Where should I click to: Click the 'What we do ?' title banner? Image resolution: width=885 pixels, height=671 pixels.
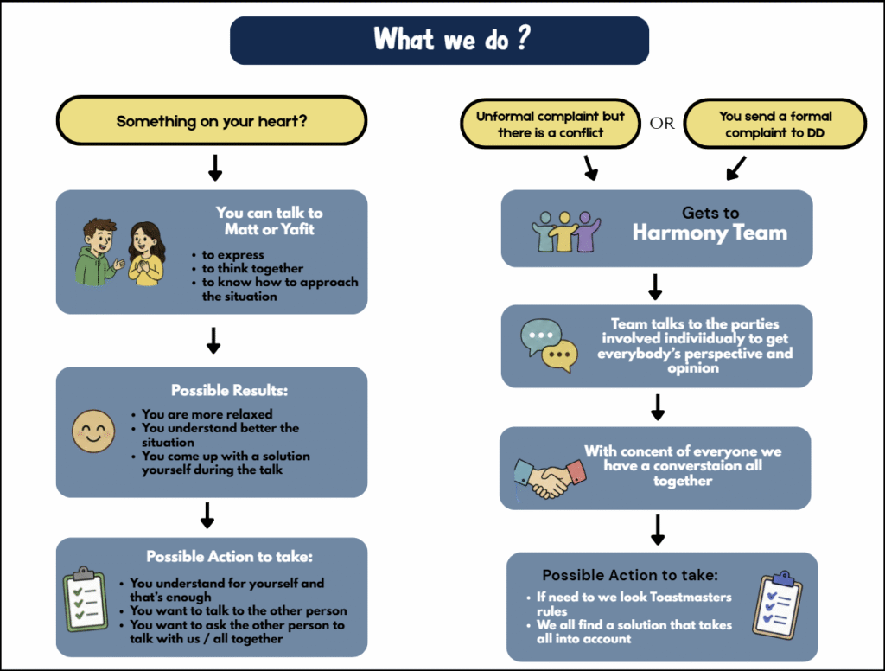tap(439, 40)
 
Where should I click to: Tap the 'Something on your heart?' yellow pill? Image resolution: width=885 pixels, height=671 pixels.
tap(212, 120)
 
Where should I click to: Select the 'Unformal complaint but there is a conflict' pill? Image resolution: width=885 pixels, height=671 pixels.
tap(551, 124)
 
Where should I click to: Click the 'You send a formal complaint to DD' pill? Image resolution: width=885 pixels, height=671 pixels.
tap(775, 124)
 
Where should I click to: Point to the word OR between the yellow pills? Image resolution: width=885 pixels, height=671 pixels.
tap(662, 123)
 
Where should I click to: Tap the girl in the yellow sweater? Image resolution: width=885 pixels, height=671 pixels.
tap(146, 253)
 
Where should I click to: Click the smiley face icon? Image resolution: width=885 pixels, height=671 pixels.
tap(93, 431)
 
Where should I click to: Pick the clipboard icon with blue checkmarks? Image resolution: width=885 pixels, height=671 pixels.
tap(778, 605)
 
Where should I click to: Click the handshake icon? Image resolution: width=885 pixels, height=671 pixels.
tap(550, 478)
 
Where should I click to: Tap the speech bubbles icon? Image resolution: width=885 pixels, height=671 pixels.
tap(549, 345)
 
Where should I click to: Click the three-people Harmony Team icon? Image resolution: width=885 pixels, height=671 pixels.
tap(566, 232)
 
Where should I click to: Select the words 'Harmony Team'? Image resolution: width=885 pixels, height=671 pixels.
tap(710, 233)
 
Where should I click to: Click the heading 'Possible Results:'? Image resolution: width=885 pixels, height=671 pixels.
tap(229, 390)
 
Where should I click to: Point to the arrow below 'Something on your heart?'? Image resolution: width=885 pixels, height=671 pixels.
tap(215, 168)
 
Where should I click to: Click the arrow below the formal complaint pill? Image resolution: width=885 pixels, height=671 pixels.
tap(736, 169)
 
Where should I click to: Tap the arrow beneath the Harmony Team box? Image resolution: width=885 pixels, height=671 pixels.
tap(655, 287)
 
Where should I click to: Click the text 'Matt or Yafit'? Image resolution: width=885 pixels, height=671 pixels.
tap(270, 229)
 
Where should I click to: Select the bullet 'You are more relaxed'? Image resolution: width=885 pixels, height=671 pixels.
tap(207, 414)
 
